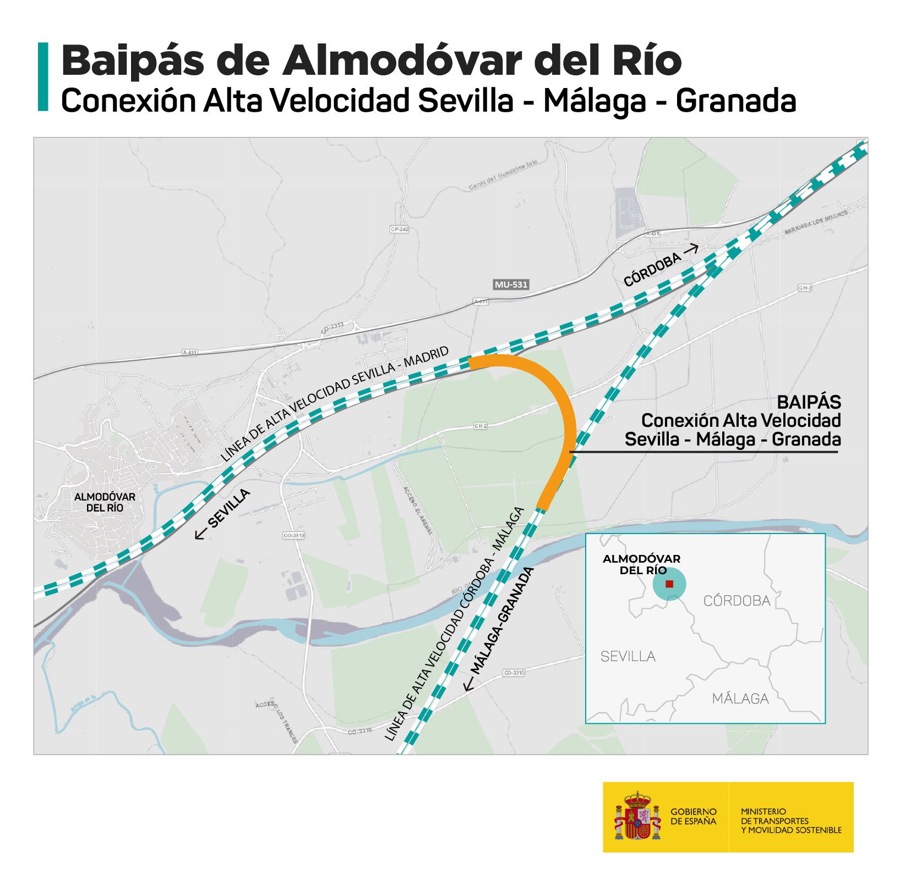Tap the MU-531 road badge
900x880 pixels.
[511, 285]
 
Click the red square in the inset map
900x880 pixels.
[669, 584]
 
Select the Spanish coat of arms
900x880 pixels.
[637, 816]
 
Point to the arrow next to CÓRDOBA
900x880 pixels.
[691, 250]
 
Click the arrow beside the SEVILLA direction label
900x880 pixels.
[200, 533]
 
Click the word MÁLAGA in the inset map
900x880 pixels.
[740, 699]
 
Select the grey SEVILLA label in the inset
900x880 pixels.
[628, 657]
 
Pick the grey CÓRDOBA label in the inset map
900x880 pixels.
[737, 601]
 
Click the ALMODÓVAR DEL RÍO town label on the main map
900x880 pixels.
[105, 502]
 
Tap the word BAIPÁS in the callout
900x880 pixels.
[809, 402]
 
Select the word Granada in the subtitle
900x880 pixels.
[736, 101]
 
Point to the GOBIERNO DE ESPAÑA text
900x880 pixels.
[694, 816]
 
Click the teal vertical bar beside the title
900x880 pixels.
[43, 77]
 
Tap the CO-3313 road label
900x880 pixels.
[293, 535]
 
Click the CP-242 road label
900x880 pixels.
[399, 229]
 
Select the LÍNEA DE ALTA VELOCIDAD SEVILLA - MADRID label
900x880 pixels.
[335, 404]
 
